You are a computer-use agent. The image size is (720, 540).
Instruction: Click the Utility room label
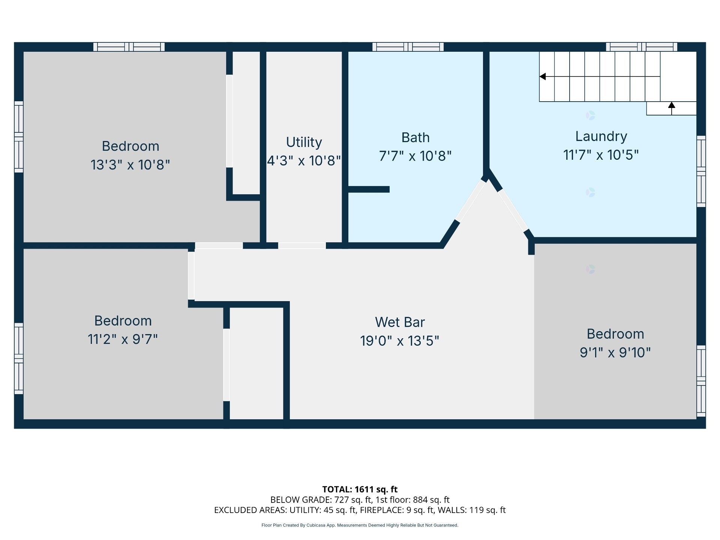tap(304, 142)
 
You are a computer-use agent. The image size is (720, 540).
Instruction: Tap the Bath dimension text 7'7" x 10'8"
tap(415, 156)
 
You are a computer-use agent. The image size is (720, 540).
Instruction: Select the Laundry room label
tap(601, 136)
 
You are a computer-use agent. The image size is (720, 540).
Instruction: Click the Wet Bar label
tap(400, 322)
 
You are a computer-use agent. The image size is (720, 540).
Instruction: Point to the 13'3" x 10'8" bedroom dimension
tap(130, 165)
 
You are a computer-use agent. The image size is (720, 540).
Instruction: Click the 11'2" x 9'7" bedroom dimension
tap(123, 339)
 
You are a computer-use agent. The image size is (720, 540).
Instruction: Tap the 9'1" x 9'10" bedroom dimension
tap(615, 352)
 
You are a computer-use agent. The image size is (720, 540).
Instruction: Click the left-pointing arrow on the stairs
tap(543, 76)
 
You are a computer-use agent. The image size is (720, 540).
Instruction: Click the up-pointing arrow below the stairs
tap(672, 105)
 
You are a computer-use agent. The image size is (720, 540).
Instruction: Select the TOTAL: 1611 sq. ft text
tap(360, 489)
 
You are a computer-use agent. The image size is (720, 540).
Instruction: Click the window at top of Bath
tap(408, 47)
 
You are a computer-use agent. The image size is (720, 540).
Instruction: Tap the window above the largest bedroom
tap(129, 47)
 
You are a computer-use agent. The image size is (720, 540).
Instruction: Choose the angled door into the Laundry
tap(513, 210)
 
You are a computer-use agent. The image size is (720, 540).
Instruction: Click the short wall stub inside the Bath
tap(369, 190)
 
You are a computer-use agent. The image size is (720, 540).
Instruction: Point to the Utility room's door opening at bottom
tap(301, 246)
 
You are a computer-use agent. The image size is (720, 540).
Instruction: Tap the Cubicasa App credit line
tap(360, 525)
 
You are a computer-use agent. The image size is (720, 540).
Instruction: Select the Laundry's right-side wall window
tap(701, 171)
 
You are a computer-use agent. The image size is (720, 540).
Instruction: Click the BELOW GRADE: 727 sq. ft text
tap(321, 500)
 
